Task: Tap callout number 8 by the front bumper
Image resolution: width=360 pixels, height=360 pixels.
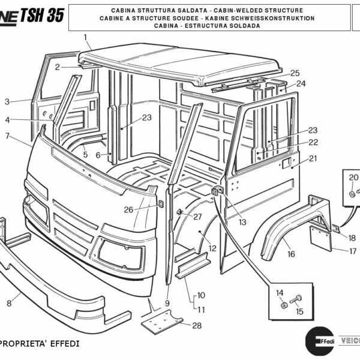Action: coord(9,303)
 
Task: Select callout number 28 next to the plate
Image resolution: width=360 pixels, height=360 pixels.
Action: coord(197,325)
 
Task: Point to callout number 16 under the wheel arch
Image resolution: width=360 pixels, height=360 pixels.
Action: coord(291,254)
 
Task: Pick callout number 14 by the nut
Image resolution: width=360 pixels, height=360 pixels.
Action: coord(279,292)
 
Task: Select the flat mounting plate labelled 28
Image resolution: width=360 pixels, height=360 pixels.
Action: coord(162,322)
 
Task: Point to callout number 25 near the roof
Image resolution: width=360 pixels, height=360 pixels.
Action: coord(295,73)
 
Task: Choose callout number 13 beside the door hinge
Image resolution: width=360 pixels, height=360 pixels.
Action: coord(242,222)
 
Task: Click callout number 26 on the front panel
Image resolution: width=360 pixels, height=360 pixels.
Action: coord(128,209)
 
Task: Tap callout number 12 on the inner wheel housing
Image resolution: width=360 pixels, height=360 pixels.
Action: coord(212,248)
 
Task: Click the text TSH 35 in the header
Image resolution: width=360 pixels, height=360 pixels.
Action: coord(41,16)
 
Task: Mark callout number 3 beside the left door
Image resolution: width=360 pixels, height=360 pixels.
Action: coord(7,101)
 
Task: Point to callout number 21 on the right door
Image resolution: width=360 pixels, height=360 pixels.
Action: coord(313,158)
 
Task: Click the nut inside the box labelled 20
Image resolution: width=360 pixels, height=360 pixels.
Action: coord(352,194)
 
